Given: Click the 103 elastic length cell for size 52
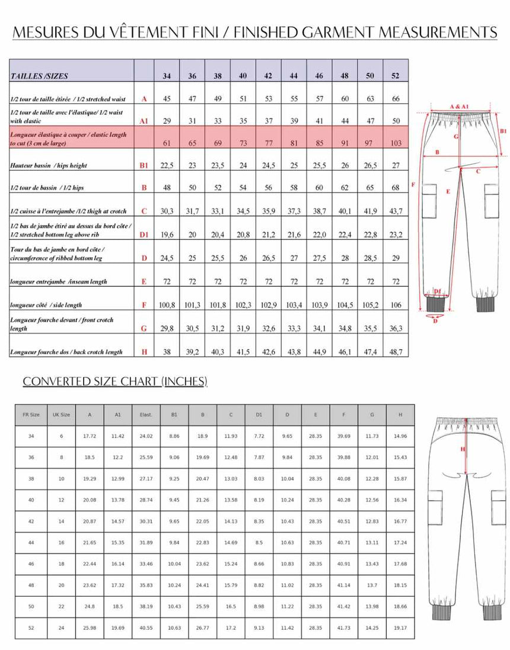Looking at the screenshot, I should click(x=396, y=143).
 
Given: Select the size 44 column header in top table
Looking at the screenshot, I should click(x=294, y=76).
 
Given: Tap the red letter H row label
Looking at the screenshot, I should click(x=144, y=351).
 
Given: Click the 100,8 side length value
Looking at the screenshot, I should click(x=167, y=305).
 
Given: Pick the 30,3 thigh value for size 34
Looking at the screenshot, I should click(x=167, y=211).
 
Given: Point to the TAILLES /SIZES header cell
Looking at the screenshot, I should click(x=39, y=76).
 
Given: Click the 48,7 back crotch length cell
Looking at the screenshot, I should click(x=396, y=351).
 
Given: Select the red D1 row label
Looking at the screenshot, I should click(x=144, y=235).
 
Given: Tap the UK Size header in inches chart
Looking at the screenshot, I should click(x=61, y=414).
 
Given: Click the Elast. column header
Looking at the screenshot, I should click(x=146, y=414).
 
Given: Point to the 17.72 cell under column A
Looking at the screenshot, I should click(x=90, y=436).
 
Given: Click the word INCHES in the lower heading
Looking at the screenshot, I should click(x=183, y=381).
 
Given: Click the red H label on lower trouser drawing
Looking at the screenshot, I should click(x=463, y=449).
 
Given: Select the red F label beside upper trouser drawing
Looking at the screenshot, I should click(x=413, y=184).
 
